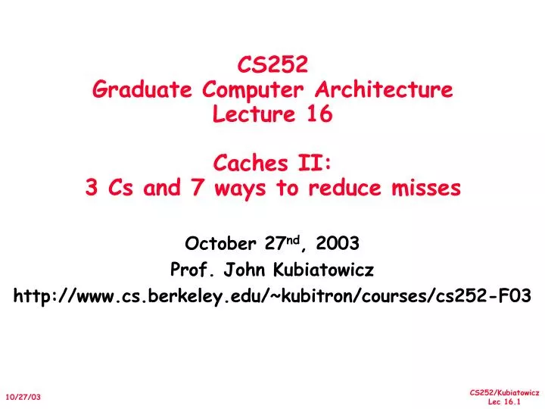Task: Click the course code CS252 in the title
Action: (x=272, y=64)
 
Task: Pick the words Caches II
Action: (x=272, y=163)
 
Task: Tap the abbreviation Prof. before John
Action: (x=193, y=270)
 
